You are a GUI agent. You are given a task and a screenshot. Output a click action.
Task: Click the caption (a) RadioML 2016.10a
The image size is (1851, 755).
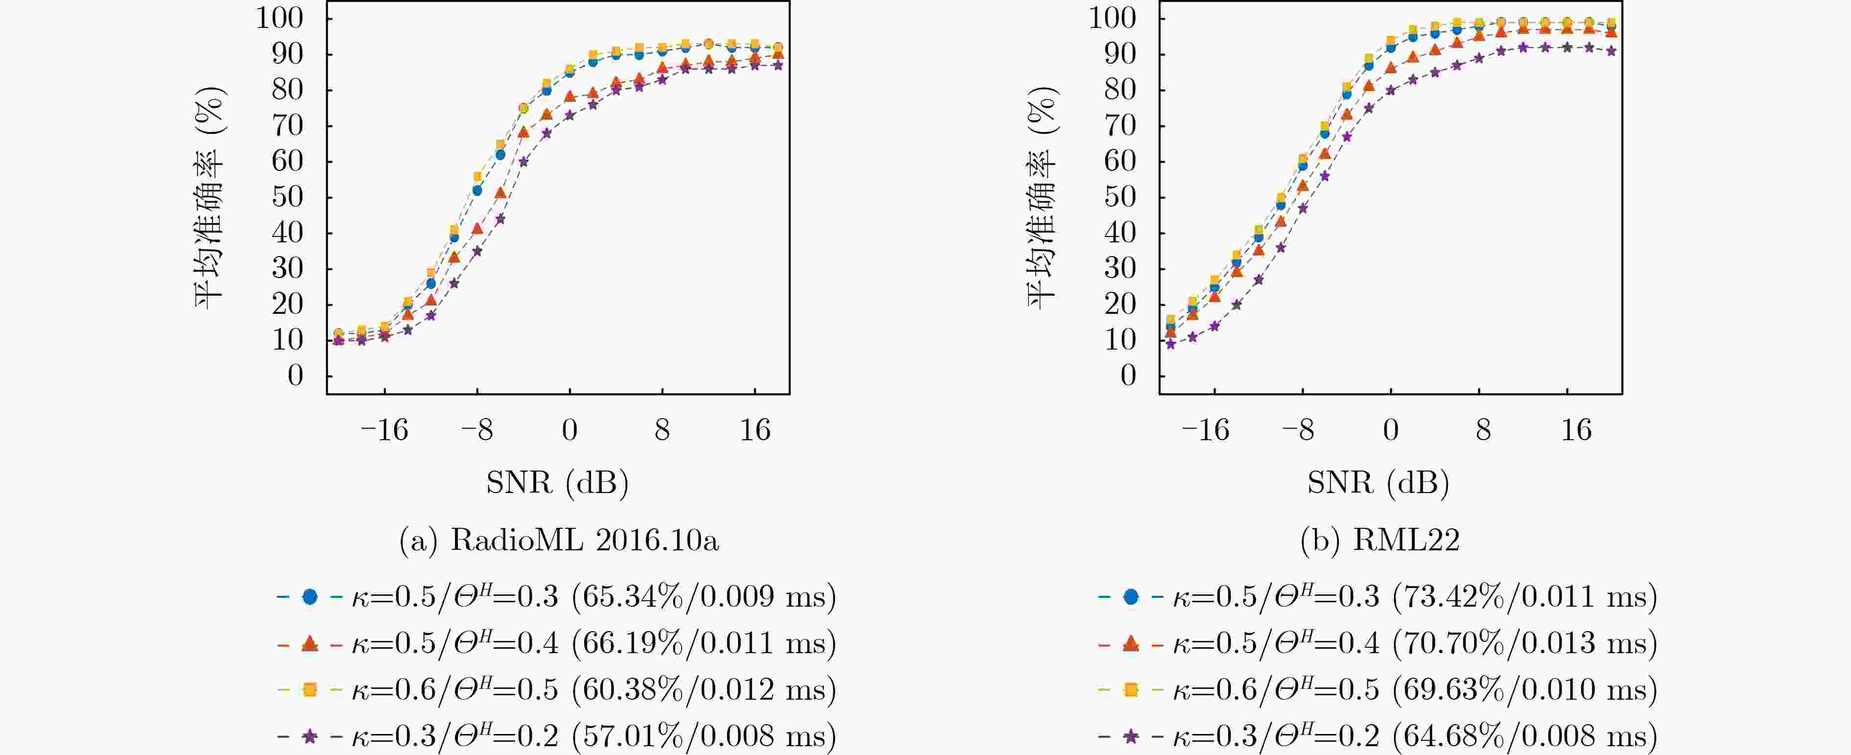coord(558,540)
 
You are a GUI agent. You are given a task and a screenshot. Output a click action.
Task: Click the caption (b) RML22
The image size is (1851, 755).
coord(1379,540)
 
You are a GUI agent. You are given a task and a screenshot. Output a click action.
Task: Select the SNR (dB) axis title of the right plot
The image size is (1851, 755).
coord(1377,482)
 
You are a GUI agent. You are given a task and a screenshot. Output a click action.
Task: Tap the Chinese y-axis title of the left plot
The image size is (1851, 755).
coord(210,197)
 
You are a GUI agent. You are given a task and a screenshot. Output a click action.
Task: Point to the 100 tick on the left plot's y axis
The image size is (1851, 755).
coord(280,18)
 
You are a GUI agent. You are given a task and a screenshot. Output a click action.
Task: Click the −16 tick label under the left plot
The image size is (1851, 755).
coord(384,430)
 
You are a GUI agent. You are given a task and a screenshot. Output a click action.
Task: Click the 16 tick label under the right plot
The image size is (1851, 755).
coord(1576,430)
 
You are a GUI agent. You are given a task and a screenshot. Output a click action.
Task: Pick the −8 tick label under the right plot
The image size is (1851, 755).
coord(1299,430)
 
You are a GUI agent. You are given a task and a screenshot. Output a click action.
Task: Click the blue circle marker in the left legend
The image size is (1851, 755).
coord(309,597)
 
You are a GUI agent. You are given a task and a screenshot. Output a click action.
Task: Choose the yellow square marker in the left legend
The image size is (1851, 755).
coord(309,689)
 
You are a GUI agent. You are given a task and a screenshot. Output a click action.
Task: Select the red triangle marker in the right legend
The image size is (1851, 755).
coord(1130,643)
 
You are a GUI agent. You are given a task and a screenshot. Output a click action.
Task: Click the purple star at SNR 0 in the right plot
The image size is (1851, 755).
coord(1390,91)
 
